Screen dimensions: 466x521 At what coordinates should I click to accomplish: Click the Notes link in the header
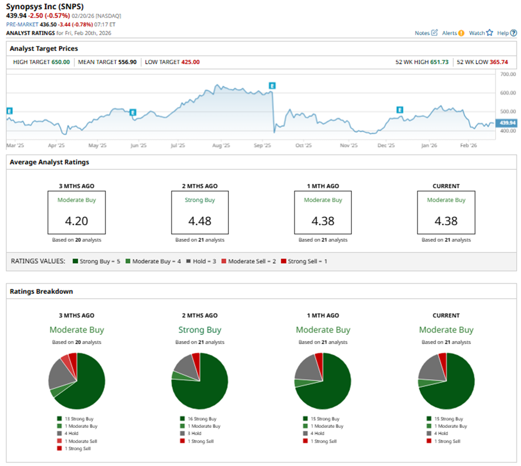426,33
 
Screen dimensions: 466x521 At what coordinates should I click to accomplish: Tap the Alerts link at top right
452,33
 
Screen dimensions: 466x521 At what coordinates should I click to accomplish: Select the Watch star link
480,33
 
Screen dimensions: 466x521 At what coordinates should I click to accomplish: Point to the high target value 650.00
60,62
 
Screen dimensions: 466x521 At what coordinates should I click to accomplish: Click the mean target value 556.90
127,62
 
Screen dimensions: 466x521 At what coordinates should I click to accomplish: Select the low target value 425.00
190,62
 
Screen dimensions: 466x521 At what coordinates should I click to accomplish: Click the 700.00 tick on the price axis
508,74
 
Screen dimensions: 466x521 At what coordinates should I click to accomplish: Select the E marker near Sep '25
272,85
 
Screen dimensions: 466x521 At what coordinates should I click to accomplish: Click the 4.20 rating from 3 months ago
76,221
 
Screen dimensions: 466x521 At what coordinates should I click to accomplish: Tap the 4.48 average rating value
200,221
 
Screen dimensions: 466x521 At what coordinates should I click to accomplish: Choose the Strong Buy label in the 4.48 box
200,200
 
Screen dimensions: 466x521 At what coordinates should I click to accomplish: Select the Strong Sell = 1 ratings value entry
304,261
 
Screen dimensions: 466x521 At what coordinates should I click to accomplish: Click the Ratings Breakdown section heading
41,291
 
